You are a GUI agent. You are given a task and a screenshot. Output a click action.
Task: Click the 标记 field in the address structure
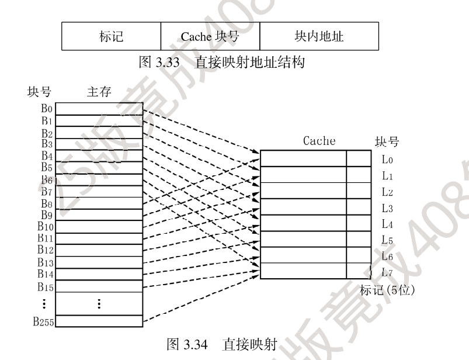(x=110, y=37)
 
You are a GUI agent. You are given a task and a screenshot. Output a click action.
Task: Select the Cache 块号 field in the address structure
(x=210, y=37)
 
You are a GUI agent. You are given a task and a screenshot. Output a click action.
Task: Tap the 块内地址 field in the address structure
(x=319, y=37)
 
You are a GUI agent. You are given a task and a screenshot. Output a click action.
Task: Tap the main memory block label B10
(x=47, y=226)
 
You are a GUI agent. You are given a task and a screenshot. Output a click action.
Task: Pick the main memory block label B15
(x=46, y=286)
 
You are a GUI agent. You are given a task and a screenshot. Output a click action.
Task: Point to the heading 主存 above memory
(x=99, y=92)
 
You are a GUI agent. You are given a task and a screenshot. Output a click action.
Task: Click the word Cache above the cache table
(x=319, y=141)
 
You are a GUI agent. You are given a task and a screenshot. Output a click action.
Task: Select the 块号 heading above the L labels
(x=386, y=141)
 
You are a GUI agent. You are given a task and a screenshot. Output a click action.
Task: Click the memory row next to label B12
(x=99, y=250)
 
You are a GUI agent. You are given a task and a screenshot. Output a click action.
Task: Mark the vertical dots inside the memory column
(x=99, y=304)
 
